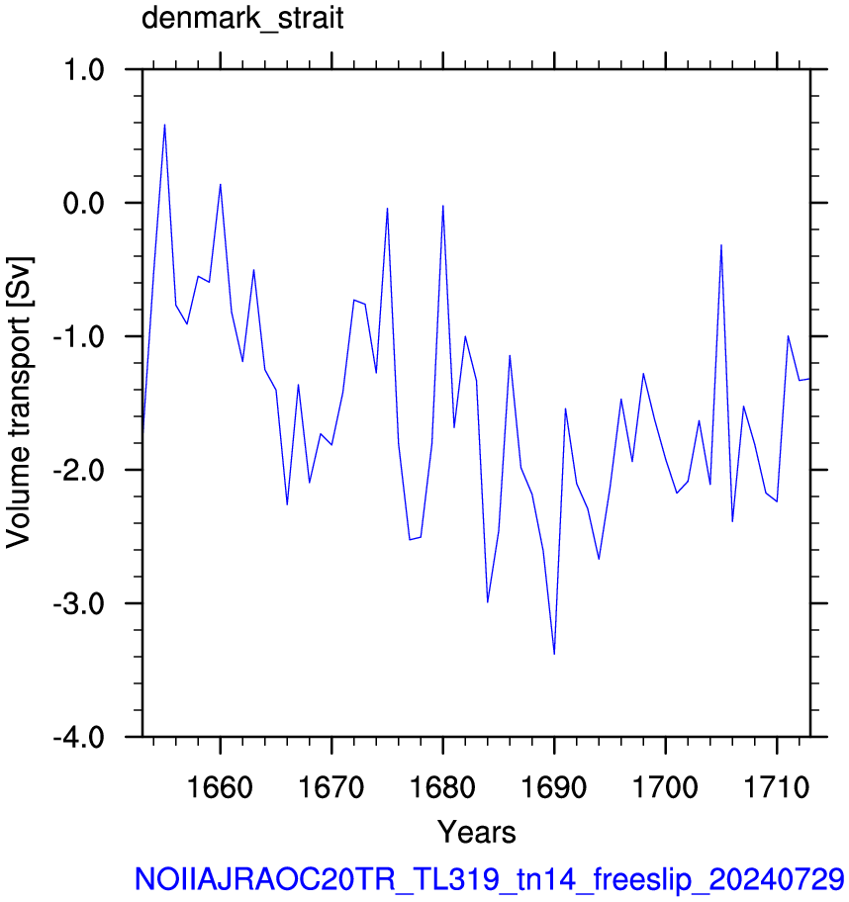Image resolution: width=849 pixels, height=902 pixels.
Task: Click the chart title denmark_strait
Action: (x=242, y=19)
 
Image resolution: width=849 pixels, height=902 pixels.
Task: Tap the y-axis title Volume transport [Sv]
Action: (x=19, y=403)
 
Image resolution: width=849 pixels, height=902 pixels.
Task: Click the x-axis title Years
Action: (x=477, y=832)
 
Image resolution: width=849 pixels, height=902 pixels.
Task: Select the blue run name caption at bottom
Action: (x=489, y=879)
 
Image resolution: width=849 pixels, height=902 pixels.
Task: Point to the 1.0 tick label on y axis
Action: (x=84, y=70)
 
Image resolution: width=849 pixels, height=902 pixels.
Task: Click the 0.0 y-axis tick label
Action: (x=83, y=204)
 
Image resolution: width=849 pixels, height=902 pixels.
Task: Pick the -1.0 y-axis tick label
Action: (x=79, y=337)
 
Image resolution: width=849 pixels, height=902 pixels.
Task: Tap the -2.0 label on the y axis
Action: (x=79, y=471)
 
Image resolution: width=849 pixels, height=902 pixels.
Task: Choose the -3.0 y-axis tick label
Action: (x=79, y=604)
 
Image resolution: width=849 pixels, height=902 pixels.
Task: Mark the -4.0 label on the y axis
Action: (x=79, y=738)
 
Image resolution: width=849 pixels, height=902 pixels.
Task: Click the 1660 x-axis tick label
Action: (x=220, y=787)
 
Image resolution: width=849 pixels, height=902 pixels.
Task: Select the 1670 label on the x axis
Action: (x=331, y=787)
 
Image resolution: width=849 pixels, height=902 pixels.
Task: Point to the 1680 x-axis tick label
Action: (x=442, y=787)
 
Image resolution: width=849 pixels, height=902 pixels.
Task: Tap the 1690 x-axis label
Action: (x=554, y=787)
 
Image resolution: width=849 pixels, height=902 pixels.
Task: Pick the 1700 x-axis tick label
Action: (x=665, y=787)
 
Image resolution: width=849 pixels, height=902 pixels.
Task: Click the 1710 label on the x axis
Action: (x=777, y=787)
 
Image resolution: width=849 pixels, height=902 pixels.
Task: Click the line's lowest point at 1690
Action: (x=554, y=654)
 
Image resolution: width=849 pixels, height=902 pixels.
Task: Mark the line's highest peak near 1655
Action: (x=164, y=125)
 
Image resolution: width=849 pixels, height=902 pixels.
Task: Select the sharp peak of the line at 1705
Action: (x=721, y=245)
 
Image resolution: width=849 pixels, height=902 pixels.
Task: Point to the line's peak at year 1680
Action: (x=443, y=206)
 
